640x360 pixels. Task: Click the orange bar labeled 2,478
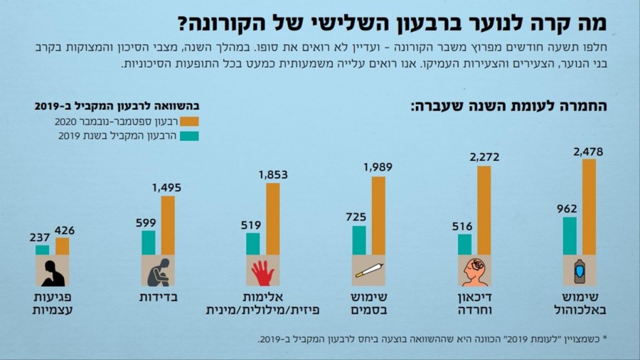pyautogui.click(x=589, y=206)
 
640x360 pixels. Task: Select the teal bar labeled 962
pyautogui.click(x=570, y=235)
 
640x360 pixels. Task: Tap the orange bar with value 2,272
pyautogui.click(x=484, y=210)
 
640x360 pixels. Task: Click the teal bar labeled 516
pyautogui.click(x=464, y=244)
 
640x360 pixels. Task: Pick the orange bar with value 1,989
pyautogui.click(x=378, y=215)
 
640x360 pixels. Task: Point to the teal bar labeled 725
pyautogui.click(x=359, y=240)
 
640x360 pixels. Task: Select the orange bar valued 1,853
pyautogui.click(x=273, y=218)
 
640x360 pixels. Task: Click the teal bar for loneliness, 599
pyautogui.click(x=148, y=242)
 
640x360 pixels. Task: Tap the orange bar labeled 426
pyautogui.click(x=63, y=245)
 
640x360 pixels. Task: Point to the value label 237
pyautogui.click(x=40, y=237)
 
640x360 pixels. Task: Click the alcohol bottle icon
pyautogui.click(x=579, y=270)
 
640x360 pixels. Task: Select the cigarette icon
pyautogui.click(x=368, y=270)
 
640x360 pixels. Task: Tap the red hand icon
pyautogui.click(x=262, y=270)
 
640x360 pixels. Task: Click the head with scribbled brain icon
pyautogui.click(x=474, y=270)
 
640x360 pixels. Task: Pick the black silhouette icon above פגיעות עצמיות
pyautogui.click(x=52, y=270)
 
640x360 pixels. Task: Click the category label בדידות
pyautogui.click(x=158, y=296)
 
